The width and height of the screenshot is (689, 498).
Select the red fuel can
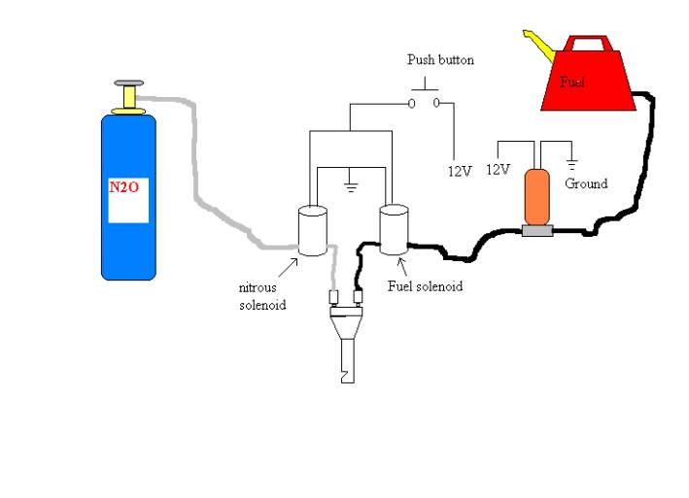587,78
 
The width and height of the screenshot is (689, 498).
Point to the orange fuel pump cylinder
536,198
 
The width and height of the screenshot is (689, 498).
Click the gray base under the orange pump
536,231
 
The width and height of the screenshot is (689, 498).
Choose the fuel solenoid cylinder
394,229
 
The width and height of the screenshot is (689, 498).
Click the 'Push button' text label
440,60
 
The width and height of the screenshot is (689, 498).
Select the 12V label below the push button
460,171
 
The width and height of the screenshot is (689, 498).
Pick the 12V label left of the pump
497,169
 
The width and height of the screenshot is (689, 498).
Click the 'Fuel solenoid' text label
425,286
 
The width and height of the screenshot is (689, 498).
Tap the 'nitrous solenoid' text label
263,297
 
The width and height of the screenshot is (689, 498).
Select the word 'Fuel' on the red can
572,82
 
